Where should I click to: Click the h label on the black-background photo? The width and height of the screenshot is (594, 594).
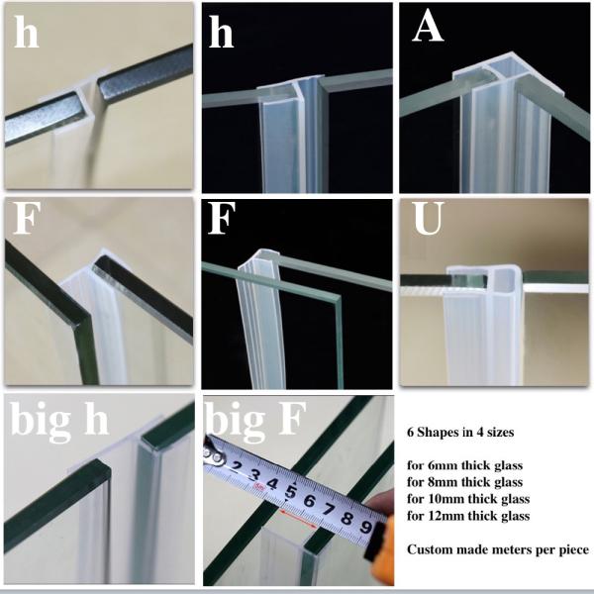coord(224,33)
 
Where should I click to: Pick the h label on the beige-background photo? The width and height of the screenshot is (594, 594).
coord(27,33)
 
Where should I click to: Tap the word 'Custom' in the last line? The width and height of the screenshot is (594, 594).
coord(430,548)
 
